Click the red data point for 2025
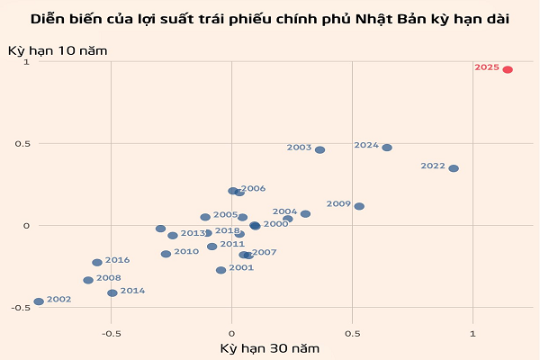coord(508,69)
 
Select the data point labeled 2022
coord(454,168)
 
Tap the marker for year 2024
coord(387,148)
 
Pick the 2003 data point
coord(319,149)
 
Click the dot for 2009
coord(359,206)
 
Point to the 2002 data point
coord(39,301)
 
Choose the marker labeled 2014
coord(112,292)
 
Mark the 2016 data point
coord(97,263)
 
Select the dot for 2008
coord(88,280)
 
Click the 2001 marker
coord(220,270)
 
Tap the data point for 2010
coord(166,254)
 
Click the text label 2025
coord(487,67)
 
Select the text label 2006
coord(253,189)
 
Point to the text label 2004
coord(284,211)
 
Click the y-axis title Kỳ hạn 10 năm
coord(58,50)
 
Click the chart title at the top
coord(270,18)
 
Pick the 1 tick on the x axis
coord(472,333)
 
